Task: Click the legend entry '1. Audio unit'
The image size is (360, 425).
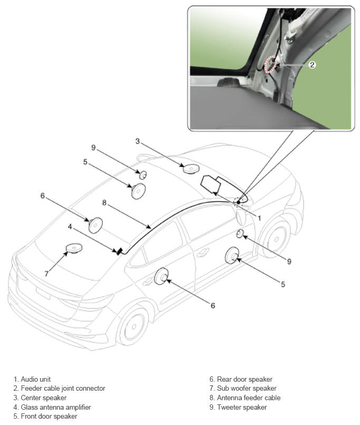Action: click(x=32, y=379)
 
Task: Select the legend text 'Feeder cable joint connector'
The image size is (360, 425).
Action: click(x=63, y=389)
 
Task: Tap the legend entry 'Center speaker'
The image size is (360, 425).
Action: click(x=44, y=398)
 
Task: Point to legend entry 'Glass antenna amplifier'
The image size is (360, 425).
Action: click(x=56, y=407)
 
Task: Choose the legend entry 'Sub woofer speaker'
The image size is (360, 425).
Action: click(x=247, y=389)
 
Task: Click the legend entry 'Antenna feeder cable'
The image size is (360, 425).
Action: click(x=249, y=398)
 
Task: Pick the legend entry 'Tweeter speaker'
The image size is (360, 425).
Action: click(x=242, y=407)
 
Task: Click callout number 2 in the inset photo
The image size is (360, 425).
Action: click(x=312, y=65)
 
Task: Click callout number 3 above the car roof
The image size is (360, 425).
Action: click(x=138, y=141)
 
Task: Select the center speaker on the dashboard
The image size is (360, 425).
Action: click(x=191, y=168)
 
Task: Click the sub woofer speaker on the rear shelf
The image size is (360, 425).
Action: click(x=74, y=248)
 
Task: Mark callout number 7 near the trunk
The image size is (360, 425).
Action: click(x=46, y=274)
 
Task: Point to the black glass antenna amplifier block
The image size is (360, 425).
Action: click(x=119, y=251)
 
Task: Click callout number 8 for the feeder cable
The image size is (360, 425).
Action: click(x=105, y=203)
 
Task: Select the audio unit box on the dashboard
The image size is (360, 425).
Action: click(x=211, y=184)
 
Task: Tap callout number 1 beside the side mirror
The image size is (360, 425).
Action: click(x=259, y=218)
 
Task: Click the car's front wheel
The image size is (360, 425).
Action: click(x=274, y=239)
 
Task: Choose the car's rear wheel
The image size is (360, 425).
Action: click(x=133, y=327)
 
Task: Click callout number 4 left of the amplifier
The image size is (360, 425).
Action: click(x=70, y=226)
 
